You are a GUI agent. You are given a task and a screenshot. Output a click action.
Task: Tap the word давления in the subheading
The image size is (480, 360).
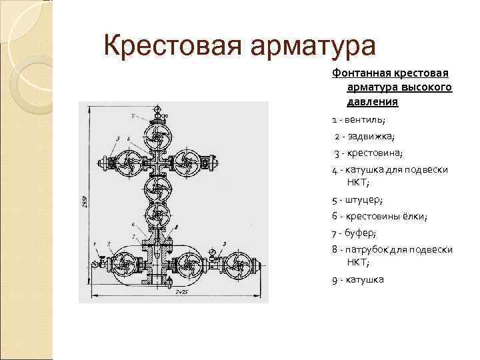[372, 102]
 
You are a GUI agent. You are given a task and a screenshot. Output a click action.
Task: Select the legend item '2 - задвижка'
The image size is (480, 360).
[365, 137]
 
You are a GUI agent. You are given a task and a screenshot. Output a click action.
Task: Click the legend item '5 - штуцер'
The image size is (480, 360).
[357, 199]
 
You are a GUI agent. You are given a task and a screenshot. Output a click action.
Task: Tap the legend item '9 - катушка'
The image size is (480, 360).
[358, 279]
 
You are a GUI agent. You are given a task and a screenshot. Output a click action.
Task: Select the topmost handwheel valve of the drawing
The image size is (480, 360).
[158, 140]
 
